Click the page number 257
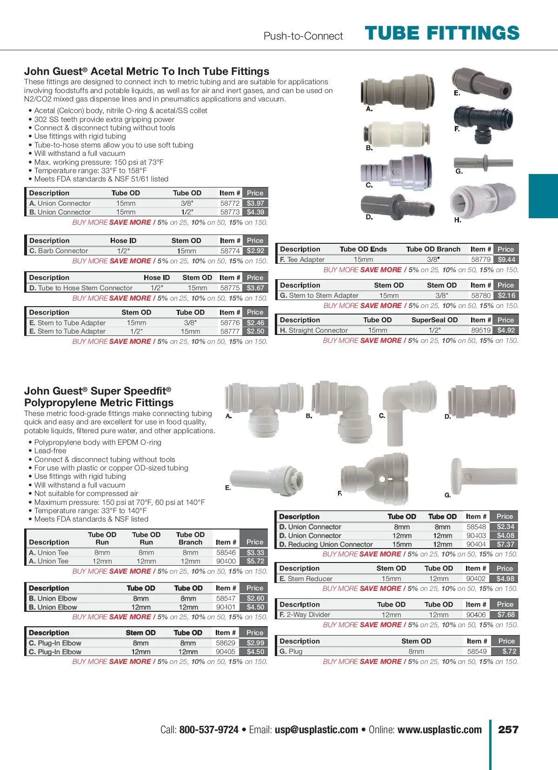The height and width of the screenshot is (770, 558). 508,730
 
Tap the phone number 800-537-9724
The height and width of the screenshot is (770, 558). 209,730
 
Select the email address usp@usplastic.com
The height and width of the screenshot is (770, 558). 316,730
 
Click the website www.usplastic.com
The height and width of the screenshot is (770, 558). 439,730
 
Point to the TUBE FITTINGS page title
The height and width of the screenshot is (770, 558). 442,33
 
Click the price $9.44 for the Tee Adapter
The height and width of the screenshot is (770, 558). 506,260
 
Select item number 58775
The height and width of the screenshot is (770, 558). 230,288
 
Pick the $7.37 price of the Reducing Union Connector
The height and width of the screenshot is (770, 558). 505,544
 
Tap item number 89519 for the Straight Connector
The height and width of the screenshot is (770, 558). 481,330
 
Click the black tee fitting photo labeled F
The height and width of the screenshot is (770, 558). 484,123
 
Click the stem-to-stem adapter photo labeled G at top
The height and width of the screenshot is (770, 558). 484,163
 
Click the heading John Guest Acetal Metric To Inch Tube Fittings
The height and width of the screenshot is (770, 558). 146,71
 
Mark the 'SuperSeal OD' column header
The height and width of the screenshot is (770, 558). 434,320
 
